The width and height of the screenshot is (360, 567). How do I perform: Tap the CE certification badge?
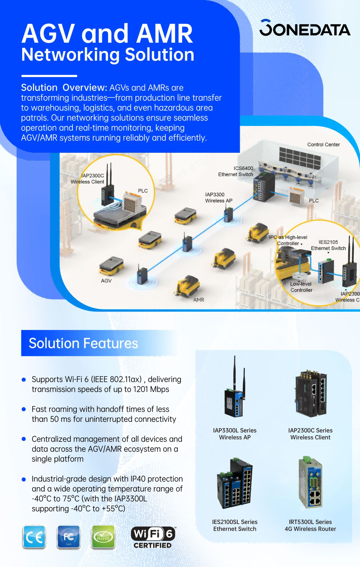pyautogui.click(x=34, y=537)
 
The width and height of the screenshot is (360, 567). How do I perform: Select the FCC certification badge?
pyautogui.click(x=68, y=537)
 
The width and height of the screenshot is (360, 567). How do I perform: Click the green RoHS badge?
pyautogui.click(x=103, y=537)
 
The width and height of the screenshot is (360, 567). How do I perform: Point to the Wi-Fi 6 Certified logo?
pyautogui.click(x=153, y=537)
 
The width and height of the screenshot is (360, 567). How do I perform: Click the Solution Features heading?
pyautogui.click(x=83, y=343)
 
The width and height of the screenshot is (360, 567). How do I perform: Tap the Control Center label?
pyautogui.click(x=323, y=145)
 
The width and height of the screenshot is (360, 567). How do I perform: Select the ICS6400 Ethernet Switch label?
pyautogui.click(x=236, y=171)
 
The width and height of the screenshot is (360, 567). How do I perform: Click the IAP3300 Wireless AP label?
pyautogui.click(x=219, y=198)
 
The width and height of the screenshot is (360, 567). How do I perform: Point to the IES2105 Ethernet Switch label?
pyautogui.click(x=328, y=245)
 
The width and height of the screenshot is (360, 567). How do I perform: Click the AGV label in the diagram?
pyautogui.click(x=106, y=281)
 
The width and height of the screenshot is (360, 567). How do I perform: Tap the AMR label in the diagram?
pyautogui.click(x=199, y=300)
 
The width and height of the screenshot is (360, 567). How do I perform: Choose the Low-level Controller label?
pyautogui.click(x=301, y=287)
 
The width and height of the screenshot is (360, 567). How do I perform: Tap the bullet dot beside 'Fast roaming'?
pyautogui.click(x=24, y=409)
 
